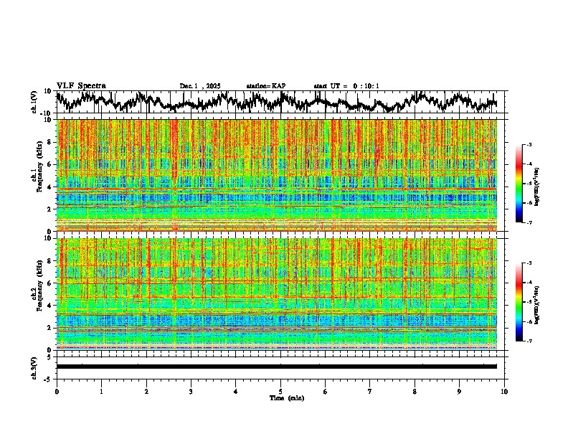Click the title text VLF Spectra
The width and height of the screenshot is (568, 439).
81,86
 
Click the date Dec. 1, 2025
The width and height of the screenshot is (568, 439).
200,86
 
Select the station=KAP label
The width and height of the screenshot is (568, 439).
266,86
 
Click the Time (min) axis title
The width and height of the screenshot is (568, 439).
287,397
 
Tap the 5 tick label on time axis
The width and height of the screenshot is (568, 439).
280,391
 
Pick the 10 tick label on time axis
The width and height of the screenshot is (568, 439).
504,391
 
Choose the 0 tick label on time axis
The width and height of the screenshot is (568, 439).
57,391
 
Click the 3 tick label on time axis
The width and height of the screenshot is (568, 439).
191,391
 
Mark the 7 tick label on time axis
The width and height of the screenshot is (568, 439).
370,391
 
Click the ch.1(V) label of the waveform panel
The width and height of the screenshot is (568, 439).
34,102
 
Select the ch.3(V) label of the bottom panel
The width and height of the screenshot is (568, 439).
34,367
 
